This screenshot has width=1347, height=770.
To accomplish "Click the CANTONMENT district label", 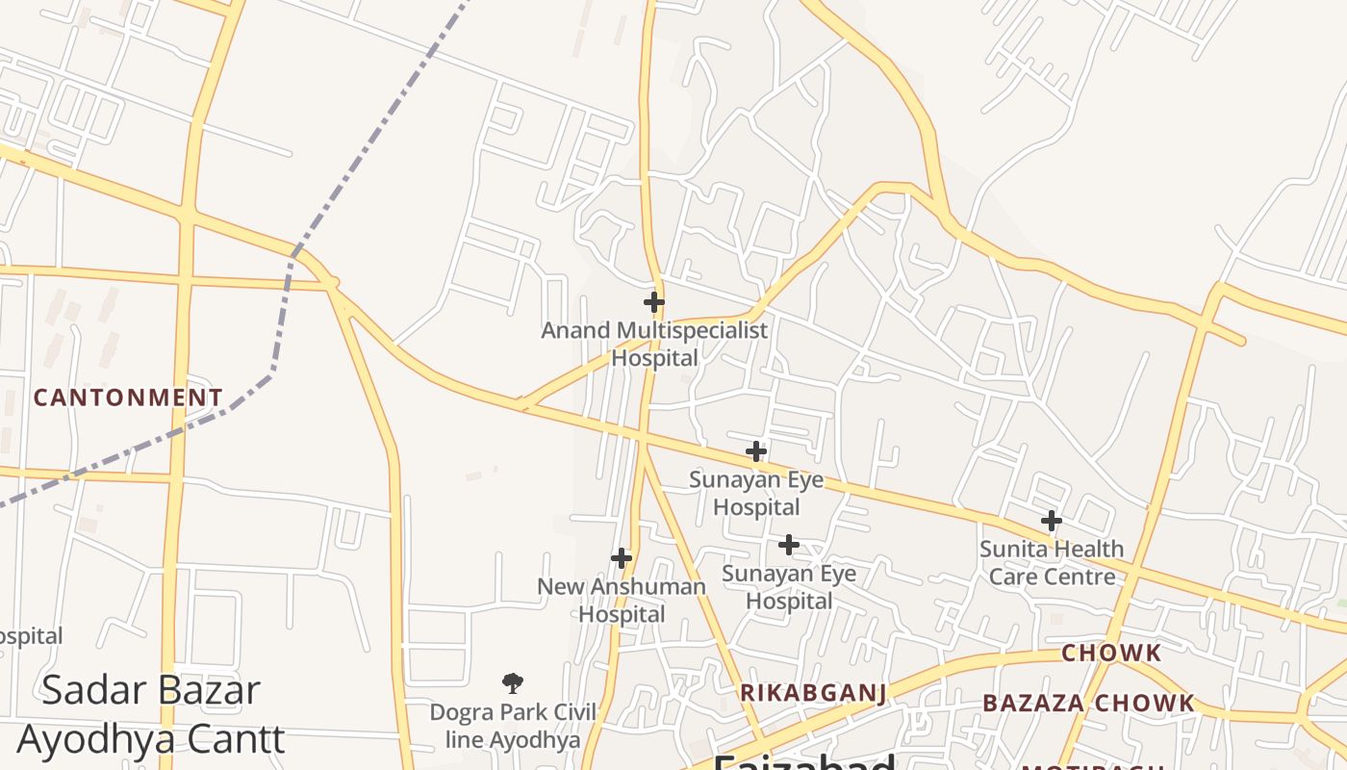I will tap(128, 398).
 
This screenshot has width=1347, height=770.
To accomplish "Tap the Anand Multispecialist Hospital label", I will tap(654, 344).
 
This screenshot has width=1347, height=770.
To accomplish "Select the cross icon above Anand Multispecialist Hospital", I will tap(654, 302).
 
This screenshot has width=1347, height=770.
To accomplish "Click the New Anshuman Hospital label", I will tap(622, 600).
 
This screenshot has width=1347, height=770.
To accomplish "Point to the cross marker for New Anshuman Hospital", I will tap(622, 557).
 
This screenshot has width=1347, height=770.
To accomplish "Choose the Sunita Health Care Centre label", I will tap(1052, 562).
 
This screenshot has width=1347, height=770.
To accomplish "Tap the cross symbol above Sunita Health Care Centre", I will tap(1052, 521).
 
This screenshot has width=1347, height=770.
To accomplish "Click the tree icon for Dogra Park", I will tap(513, 683).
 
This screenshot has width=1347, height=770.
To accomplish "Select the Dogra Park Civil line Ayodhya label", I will tap(513, 726).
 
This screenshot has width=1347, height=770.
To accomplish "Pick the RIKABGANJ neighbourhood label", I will tap(813, 693).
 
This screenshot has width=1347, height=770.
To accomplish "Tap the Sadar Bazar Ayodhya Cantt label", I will tap(151, 714).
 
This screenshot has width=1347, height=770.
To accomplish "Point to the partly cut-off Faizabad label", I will tap(804, 762).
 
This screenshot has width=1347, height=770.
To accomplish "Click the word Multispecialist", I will tap(692, 331).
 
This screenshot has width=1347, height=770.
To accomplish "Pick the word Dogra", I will tap(460, 712).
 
